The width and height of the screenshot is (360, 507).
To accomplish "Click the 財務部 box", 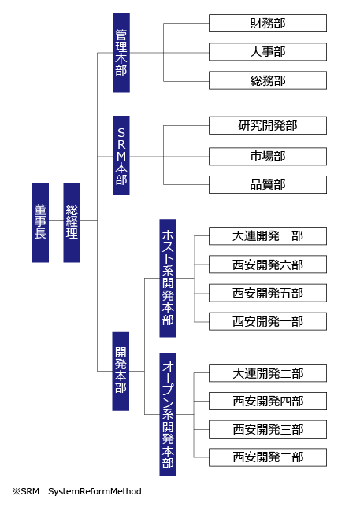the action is [268, 24].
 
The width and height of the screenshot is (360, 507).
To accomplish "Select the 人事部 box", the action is [268, 52].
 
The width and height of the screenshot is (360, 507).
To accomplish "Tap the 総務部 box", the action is [268, 80].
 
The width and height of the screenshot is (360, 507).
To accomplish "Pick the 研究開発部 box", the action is [268, 125].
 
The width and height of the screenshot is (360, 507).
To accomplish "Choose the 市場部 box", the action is [268, 157].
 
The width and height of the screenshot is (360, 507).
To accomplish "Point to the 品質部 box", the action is [268, 185].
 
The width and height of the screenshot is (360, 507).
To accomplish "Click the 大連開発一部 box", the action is [268, 236].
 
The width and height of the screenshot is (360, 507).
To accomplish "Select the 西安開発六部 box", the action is [268, 265].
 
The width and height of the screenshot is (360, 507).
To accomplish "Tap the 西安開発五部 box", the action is [268, 293].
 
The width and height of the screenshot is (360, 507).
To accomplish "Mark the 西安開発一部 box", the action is [268, 321].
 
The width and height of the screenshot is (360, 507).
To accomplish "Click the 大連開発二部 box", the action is [268, 373].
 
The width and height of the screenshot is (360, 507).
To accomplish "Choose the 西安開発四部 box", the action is [268, 402].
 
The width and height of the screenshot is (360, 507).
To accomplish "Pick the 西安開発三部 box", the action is [268, 429].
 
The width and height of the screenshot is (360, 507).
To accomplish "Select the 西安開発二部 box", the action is [268, 457].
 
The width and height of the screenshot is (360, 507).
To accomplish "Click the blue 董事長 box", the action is [40, 223].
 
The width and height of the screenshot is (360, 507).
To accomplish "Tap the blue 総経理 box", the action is [72, 223].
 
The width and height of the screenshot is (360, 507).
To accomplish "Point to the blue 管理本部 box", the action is [121, 53].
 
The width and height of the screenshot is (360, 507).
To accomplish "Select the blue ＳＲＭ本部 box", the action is [121, 156].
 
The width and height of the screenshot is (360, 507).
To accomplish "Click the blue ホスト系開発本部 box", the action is [168, 278].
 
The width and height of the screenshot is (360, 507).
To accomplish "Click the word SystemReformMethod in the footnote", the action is [95, 491].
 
